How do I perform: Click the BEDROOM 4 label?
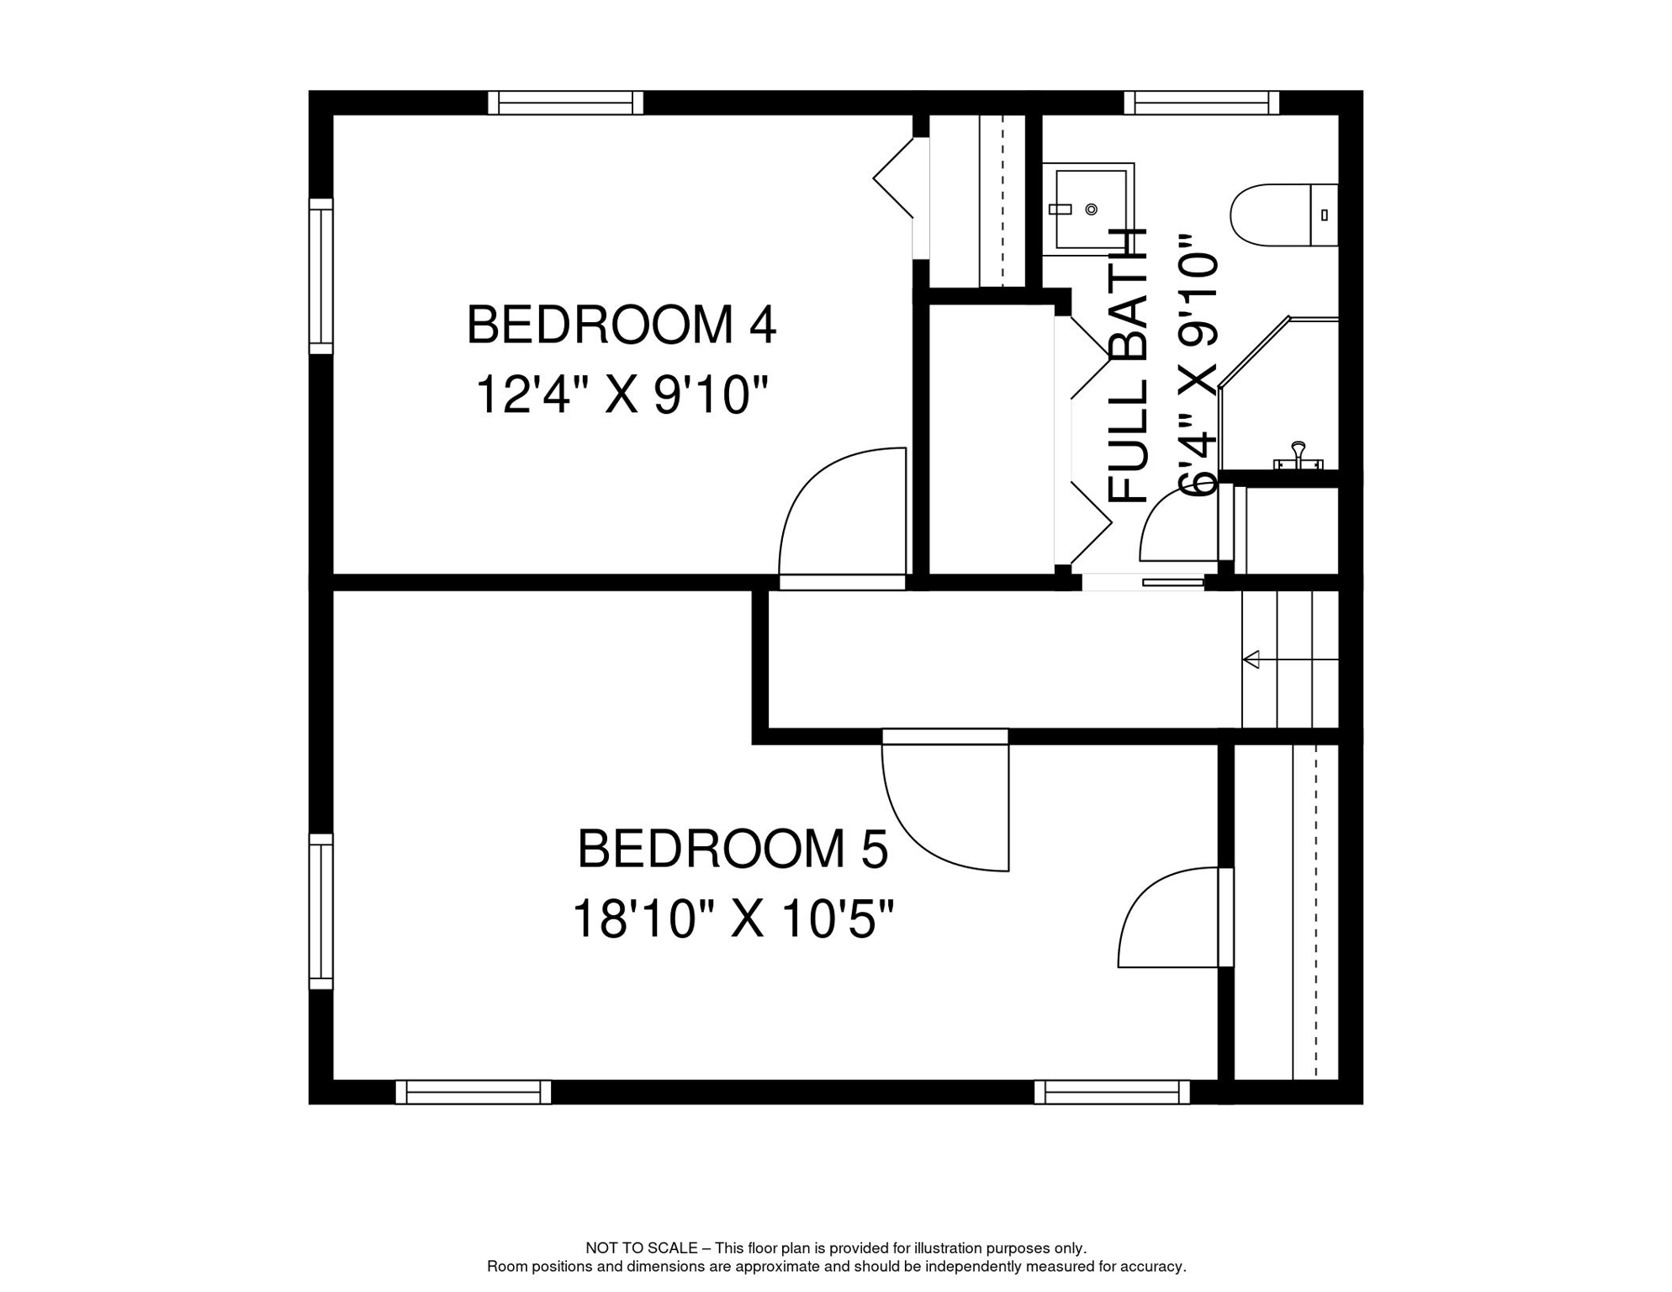(621, 325)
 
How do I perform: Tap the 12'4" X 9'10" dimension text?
(621, 394)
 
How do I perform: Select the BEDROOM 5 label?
(732, 849)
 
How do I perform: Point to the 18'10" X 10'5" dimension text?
(732, 919)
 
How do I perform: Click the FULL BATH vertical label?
(1128, 366)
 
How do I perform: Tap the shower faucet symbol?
(1298, 454)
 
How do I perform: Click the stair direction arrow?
(1251, 659)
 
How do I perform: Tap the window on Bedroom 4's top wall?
(565, 103)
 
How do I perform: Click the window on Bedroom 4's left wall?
(320, 276)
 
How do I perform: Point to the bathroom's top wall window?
(1201, 103)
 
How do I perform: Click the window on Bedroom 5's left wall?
(320, 911)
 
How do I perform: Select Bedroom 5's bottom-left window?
(473, 1093)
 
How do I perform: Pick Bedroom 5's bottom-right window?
(1111, 1093)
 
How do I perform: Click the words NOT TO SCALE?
(641, 1248)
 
